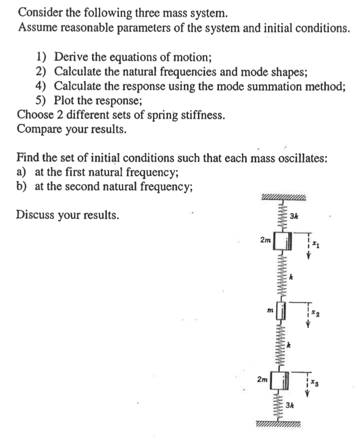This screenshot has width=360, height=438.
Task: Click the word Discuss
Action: pyautogui.click(x=35, y=215)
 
